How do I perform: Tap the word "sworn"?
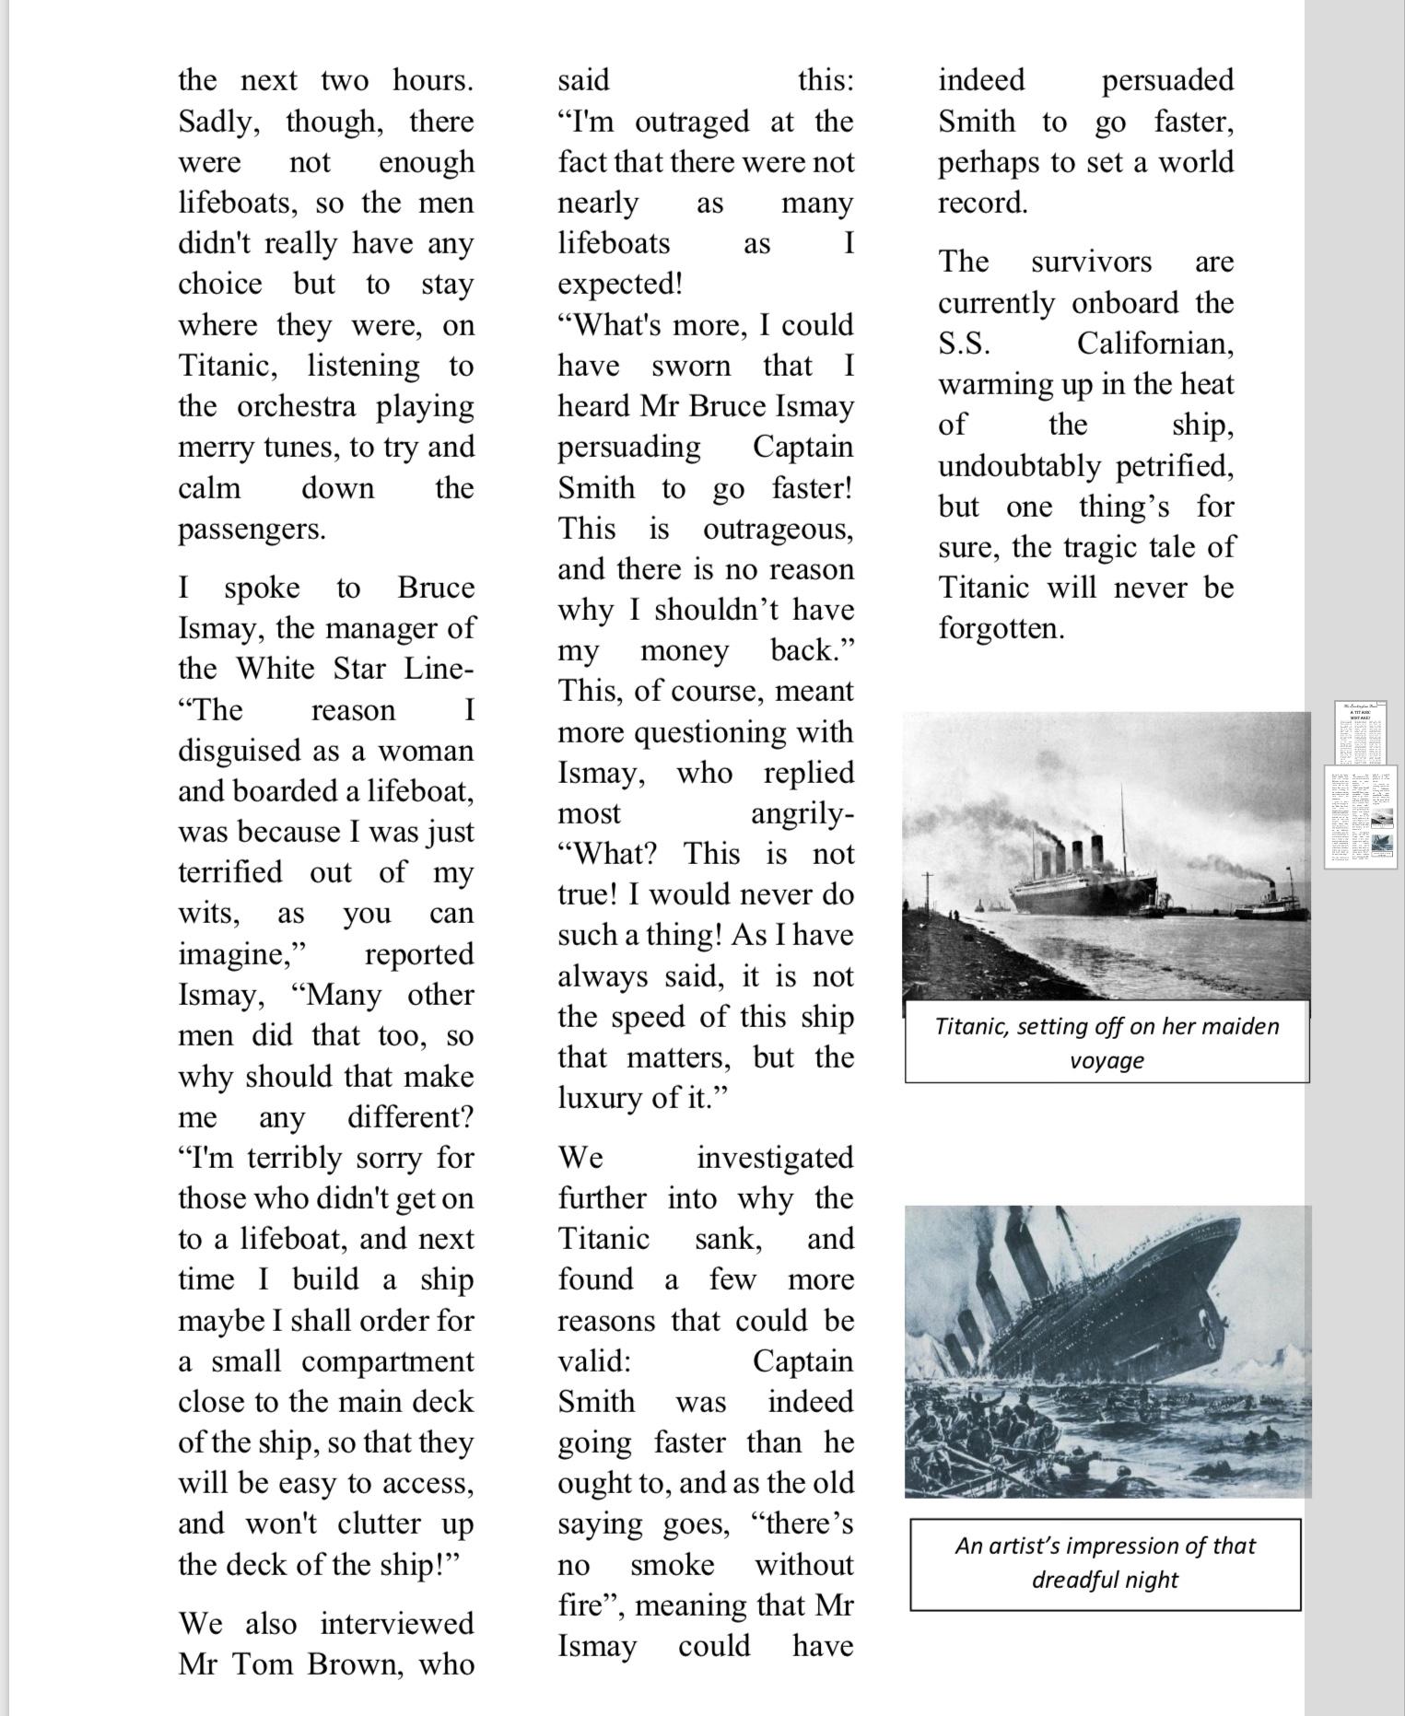tap(690, 366)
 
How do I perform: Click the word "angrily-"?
tap(802, 813)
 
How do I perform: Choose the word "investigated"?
tap(775, 1158)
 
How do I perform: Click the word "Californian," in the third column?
tap(1155, 344)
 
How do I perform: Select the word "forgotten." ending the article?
tap(1001, 628)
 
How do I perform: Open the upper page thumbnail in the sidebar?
tap(1360, 732)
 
